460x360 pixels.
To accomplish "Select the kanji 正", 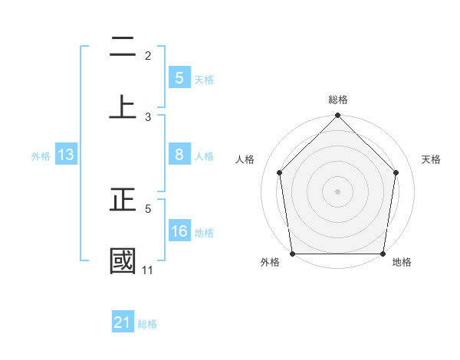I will click(x=123, y=201).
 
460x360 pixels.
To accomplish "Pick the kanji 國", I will click(x=123, y=260).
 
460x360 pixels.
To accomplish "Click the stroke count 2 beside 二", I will click(x=148, y=56).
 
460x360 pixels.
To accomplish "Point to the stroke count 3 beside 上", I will click(x=148, y=116).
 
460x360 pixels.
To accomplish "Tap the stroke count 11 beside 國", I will click(x=147, y=270).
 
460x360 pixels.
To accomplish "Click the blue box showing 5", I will click(x=179, y=77).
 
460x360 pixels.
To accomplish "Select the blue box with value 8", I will click(x=179, y=155).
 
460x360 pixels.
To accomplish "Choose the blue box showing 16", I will click(x=179, y=231).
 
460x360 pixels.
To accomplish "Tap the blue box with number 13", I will click(x=66, y=155).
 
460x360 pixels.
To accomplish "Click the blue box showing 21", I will click(x=123, y=322).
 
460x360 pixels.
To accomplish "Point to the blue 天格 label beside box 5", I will click(x=204, y=79).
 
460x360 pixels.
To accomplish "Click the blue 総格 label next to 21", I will click(x=147, y=324).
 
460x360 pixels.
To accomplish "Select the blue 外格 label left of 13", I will click(x=41, y=156).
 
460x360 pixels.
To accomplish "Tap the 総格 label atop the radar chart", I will click(x=337, y=100).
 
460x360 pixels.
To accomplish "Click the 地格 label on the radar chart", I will click(x=402, y=263).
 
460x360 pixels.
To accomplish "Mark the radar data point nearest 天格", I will click(x=396, y=172).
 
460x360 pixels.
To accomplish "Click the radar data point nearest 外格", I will click(x=292, y=254).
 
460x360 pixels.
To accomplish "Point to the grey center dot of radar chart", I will click(x=337, y=191).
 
